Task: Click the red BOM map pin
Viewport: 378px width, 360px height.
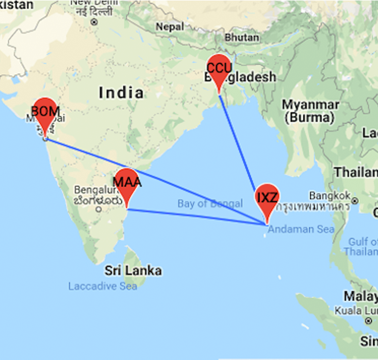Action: (x=45, y=114)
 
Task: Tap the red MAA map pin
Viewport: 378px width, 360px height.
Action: (x=126, y=185)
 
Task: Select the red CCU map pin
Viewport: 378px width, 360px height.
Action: (x=219, y=70)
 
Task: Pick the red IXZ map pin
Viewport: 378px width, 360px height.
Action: (x=267, y=199)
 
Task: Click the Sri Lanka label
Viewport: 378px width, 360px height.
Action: (x=133, y=271)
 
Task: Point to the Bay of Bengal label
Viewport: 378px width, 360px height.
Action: (x=210, y=204)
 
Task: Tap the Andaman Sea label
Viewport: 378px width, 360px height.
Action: (x=301, y=229)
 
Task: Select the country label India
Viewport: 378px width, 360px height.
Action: (x=121, y=93)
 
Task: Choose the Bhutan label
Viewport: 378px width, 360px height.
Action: (x=242, y=38)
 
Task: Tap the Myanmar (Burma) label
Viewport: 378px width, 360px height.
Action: (x=310, y=111)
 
